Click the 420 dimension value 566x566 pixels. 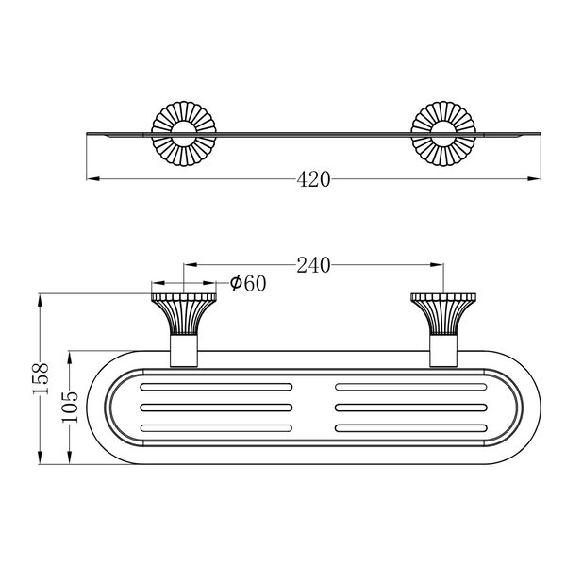(313, 179)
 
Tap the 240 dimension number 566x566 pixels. (313, 265)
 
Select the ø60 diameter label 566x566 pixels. (248, 283)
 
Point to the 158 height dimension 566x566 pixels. (41, 378)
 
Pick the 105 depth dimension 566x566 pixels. (70, 407)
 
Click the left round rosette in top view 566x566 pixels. (184, 134)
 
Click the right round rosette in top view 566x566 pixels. (443, 134)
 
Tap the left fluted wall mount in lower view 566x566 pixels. (184, 314)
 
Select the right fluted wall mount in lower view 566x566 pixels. (443, 314)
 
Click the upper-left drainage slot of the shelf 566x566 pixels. (216, 387)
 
